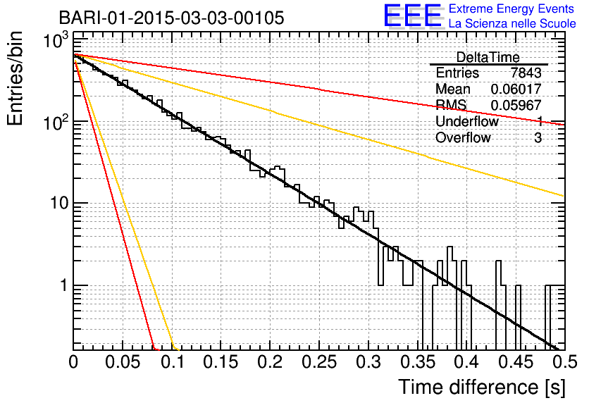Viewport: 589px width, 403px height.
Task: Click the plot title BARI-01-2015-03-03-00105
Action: click(171, 17)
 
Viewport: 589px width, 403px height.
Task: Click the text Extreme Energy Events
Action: click(512, 8)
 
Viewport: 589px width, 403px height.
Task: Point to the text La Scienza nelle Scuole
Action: click(512, 24)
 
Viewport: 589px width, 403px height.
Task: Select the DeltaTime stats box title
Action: click(488, 57)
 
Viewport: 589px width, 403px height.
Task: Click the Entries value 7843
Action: click(526, 73)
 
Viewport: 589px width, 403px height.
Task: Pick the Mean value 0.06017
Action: click(516, 89)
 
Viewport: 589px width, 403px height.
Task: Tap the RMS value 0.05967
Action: click(516, 106)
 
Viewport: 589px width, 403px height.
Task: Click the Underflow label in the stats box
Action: click(466, 122)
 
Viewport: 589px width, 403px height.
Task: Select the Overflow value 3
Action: click(538, 138)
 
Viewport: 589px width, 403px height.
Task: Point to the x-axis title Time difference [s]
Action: click(480, 387)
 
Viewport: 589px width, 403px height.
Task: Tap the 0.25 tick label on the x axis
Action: click(318, 362)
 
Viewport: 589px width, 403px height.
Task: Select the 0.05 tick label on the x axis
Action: click(123, 362)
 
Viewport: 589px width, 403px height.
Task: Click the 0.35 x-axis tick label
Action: click(416, 362)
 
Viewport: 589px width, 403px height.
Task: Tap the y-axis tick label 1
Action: click(63, 286)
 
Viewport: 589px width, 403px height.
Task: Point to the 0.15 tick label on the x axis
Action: click(221, 362)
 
